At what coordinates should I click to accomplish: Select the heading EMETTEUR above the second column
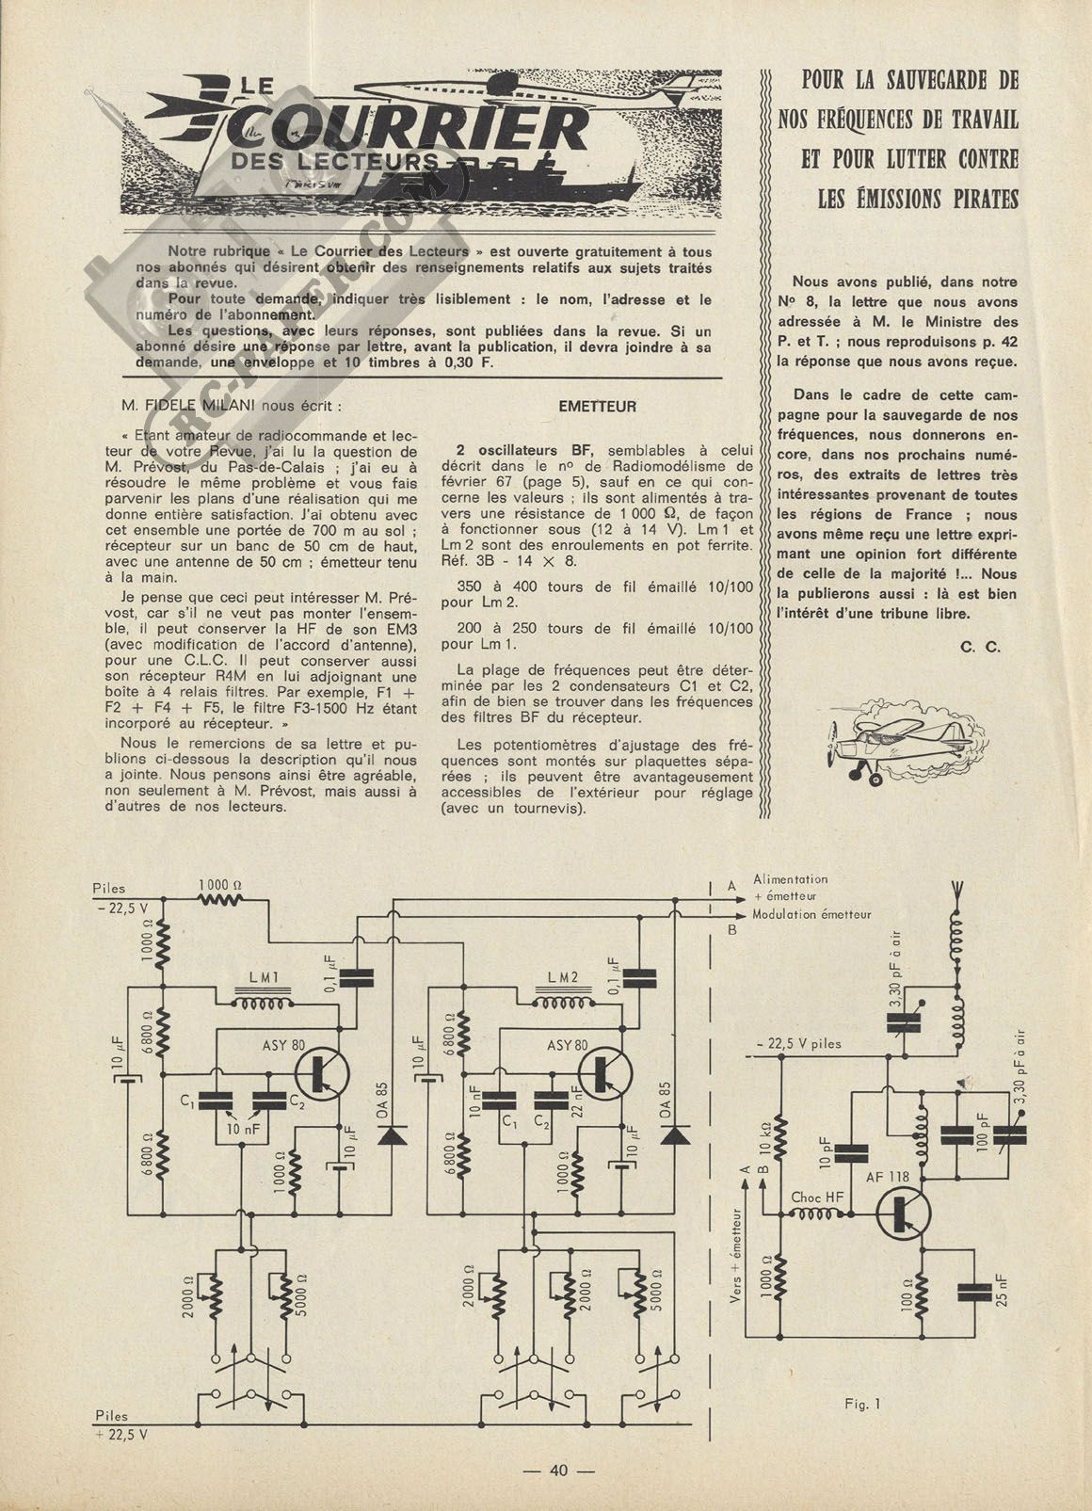coord(597,407)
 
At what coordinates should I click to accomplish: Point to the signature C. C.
coord(981,647)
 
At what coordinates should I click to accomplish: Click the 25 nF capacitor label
coord(1002,1290)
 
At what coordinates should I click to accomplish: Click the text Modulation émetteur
coord(811,915)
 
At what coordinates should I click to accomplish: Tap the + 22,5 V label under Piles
coord(120,1429)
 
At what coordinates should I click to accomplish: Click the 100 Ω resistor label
coord(907,1290)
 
